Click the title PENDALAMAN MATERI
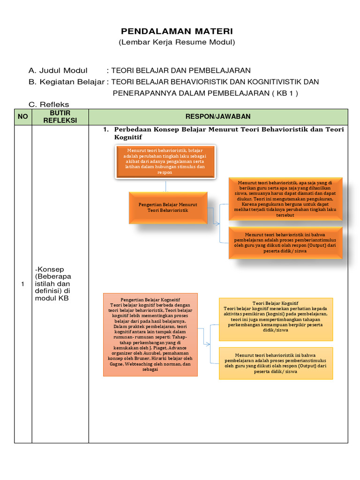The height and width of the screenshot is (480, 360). coord(177,31)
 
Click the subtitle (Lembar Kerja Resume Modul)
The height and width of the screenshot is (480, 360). coord(177,43)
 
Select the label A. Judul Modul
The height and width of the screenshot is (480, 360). coord(58,71)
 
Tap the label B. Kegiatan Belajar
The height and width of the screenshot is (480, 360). coord(67,82)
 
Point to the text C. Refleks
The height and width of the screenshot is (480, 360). coord(49,105)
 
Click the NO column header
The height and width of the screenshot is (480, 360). coord(23,117)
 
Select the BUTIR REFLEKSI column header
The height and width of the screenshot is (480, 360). coord(60,117)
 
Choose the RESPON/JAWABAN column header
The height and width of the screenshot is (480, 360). coord(218,117)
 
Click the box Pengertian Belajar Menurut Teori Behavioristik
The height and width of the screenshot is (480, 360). coord(168,208)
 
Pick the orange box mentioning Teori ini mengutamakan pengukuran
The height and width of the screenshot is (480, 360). coord(285,199)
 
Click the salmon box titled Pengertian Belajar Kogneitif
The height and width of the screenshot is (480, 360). coord(150,334)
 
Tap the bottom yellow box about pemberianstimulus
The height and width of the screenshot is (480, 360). coord(276,363)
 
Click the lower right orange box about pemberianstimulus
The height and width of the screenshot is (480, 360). coord(285,243)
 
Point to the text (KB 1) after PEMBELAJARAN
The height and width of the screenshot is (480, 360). coord(284,93)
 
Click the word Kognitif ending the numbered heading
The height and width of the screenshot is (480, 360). coord(127,137)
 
